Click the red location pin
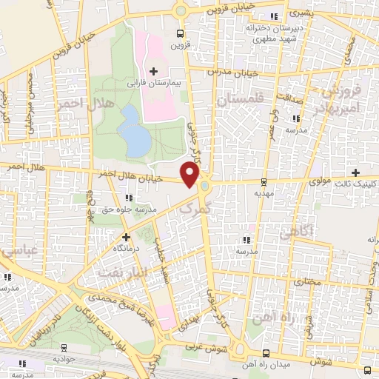190,175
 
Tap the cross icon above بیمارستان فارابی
153,72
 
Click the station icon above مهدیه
264,181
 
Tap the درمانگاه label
127,249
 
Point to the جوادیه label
64,358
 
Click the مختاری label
303,282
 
